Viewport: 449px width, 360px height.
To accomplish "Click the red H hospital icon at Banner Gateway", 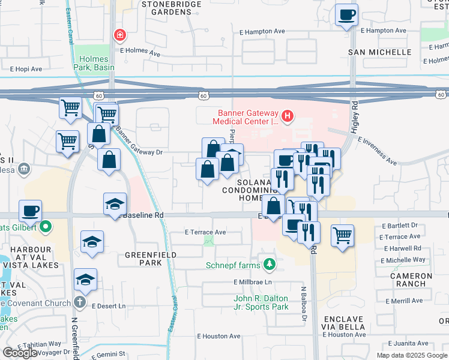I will tap(288, 115).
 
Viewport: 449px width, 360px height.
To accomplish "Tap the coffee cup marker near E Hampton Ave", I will tap(346, 14).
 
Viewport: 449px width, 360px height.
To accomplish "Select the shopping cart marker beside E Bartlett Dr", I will tap(342, 235).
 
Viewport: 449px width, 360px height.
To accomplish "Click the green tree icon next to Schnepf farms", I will tap(270, 264).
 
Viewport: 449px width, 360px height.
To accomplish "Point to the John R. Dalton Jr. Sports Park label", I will tap(261, 302).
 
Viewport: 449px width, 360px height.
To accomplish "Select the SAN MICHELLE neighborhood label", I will tap(380, 52).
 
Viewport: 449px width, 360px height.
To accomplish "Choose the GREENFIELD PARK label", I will tap(143, 259).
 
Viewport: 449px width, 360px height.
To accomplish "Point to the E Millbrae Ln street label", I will tap(253, 282).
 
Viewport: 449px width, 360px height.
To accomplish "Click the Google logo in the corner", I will tap(20, 353).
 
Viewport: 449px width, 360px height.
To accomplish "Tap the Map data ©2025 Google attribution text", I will tap(411, 355).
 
